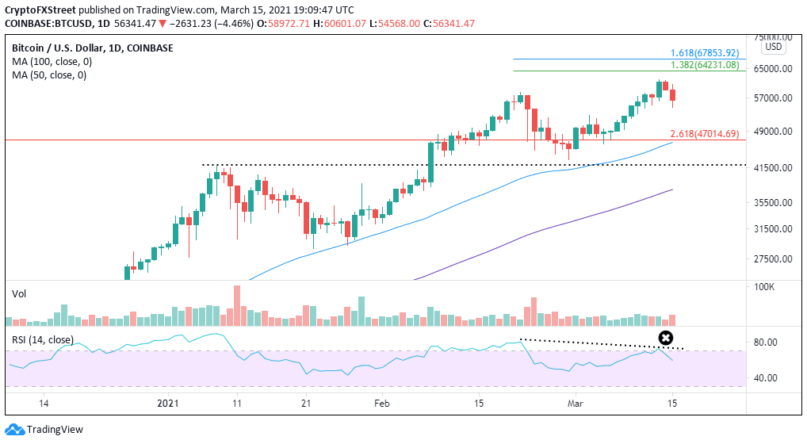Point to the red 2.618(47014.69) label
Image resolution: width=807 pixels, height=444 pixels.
click(705, 133)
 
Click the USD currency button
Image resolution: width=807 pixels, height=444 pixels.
click(774, 47)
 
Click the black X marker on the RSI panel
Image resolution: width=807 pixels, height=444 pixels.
click(666, 339)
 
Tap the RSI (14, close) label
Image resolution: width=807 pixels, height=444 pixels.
click(43, 340)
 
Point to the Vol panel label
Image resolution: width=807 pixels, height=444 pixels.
click(19, 293)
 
